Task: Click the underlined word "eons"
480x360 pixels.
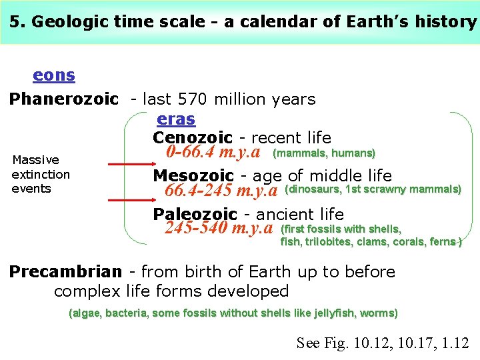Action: [53, 75]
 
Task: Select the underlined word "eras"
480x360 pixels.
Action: [175, 119]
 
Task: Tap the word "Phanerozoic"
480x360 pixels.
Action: [63, 99]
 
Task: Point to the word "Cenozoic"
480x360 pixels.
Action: [192, 138]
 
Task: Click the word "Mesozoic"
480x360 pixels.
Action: [193, 176]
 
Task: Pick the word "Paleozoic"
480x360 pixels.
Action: [195, 215]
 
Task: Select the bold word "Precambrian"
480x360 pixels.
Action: [65, 272]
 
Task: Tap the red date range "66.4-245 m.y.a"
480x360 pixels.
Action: [221, 191]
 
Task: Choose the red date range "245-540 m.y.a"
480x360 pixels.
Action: [219, 229]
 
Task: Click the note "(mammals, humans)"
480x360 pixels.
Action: [325, 153]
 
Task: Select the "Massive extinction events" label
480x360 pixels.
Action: [41, 174]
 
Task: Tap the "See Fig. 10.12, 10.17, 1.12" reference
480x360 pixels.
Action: [382, 343]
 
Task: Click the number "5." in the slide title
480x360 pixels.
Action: [18, 21]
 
